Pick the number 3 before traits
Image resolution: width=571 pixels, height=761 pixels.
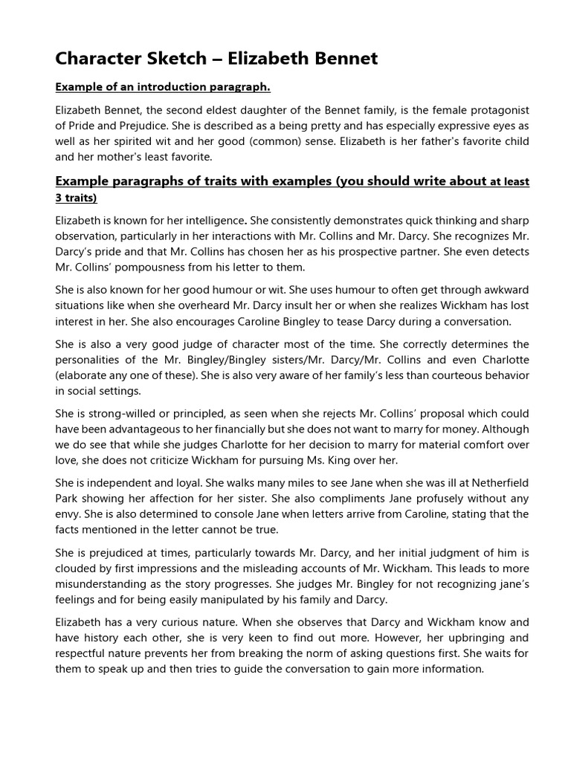[59, 198]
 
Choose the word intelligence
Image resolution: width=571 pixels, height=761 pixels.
[215, 221]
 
